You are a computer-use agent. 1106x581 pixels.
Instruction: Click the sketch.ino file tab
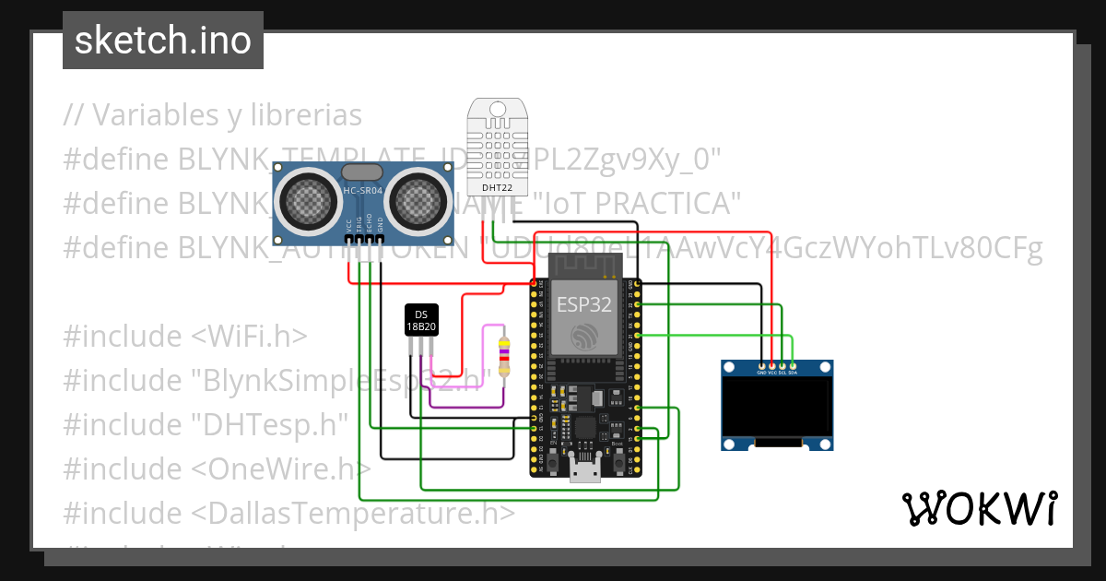point(163,41)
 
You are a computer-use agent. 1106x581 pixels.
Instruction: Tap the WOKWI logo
point(979,508)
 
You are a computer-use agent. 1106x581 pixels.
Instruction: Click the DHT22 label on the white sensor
point(497,187)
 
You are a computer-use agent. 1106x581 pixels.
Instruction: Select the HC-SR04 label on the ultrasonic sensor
point(362,191)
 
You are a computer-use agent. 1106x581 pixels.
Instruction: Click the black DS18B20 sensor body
point(421,320)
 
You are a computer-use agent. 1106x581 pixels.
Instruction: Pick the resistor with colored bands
point(502,356)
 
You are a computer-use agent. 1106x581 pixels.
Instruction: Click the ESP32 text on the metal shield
point(583,305)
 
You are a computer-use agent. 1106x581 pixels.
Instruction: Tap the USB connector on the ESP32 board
point(583,472)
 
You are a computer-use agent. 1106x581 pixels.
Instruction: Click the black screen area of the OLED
point(776,409)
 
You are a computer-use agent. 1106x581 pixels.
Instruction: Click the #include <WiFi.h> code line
point(185,336)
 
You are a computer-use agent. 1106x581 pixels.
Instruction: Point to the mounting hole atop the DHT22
point(497,109)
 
